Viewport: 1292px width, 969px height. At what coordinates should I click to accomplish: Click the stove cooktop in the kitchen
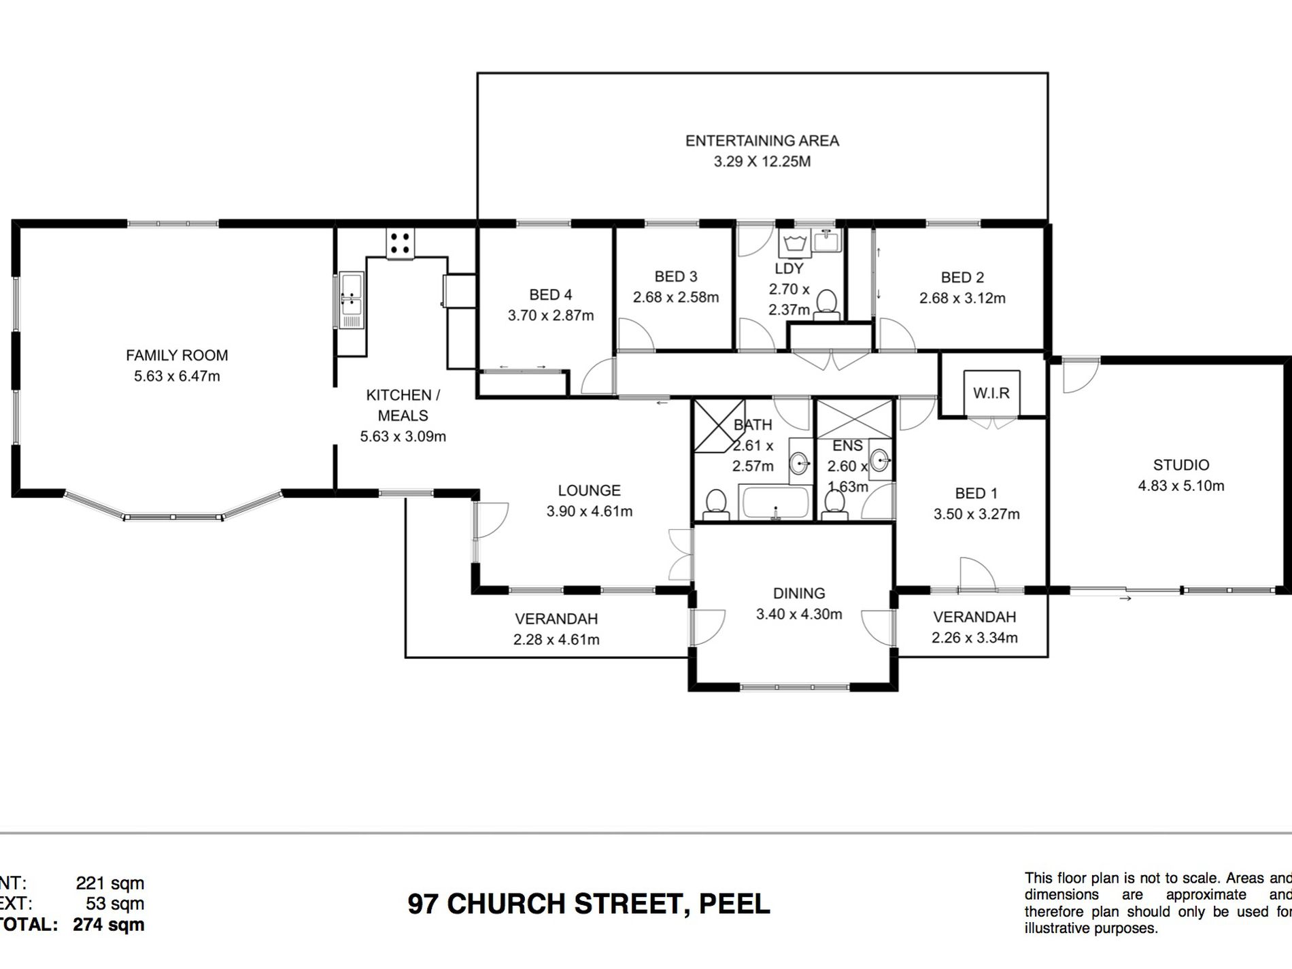(401, 243)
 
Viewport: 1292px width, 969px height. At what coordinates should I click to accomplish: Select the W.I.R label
(991, 393)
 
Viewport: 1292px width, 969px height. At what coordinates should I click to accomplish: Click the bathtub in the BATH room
(776, 503)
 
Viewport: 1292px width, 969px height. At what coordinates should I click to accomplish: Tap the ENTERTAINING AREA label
(762, 141)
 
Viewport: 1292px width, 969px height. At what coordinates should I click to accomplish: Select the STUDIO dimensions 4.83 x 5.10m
(1180, 486)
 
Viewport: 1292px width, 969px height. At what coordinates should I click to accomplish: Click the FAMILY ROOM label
(177, 355)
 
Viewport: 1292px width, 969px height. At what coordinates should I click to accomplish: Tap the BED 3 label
(675, 277)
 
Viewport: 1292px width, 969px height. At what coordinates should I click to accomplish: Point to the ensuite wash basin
(880, 461)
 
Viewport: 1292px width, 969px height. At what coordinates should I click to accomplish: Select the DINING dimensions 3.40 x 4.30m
(799, 614)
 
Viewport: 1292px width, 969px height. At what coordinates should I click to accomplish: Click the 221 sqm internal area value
(109, 883)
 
